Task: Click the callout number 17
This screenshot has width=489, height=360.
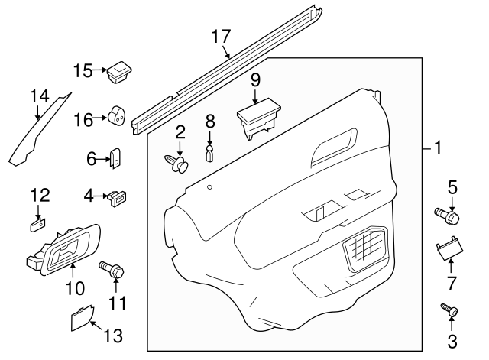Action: pyautogui.click(x=220, y=35)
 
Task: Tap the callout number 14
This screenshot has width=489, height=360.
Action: pyautogui.click(x=39, y=96)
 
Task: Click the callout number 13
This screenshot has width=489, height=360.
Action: pyautogui.click(x=112, y=336)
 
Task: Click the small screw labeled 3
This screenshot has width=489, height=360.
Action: pyautogui.click(x=449, y=311)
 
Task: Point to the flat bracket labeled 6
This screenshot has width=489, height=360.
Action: pyautogui.click(x=118, y=158)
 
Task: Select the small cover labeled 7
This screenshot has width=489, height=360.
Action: pyautogui.click(x=449, y=250)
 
